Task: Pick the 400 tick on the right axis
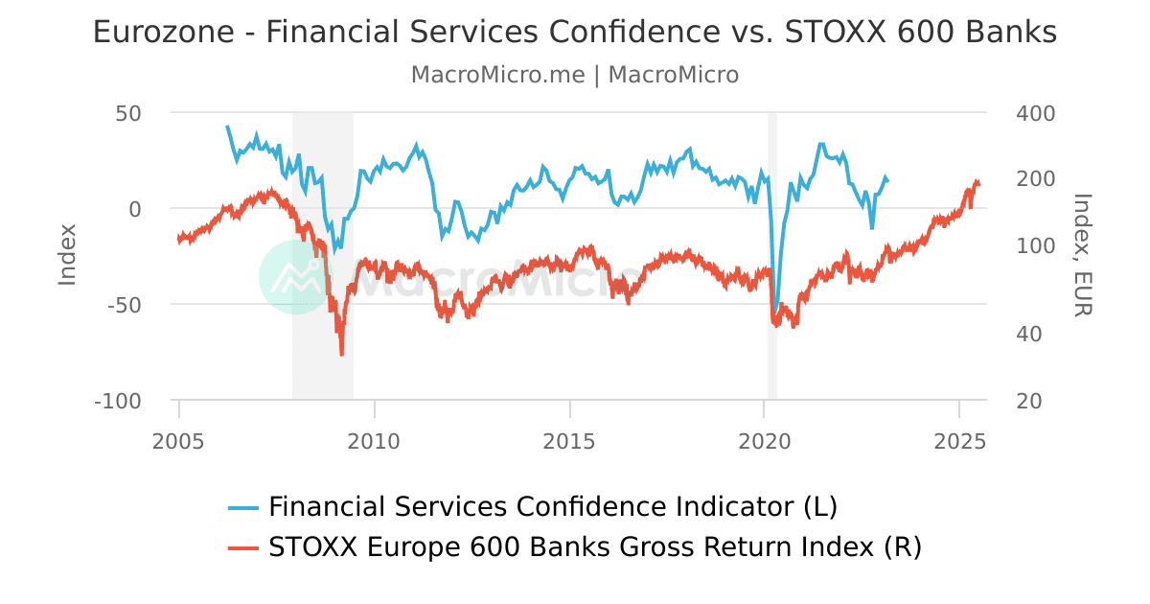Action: (1035, 113)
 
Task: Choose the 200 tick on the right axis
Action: (1035, 179)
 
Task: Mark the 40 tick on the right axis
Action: (1029, 335)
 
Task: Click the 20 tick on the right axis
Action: (1029, 401)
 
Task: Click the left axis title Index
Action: (67, 254)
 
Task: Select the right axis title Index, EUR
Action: (1082, 254)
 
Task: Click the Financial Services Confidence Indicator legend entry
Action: (552, 506)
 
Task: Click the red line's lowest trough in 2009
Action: (341, 355)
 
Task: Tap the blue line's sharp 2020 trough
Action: (775, 312)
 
